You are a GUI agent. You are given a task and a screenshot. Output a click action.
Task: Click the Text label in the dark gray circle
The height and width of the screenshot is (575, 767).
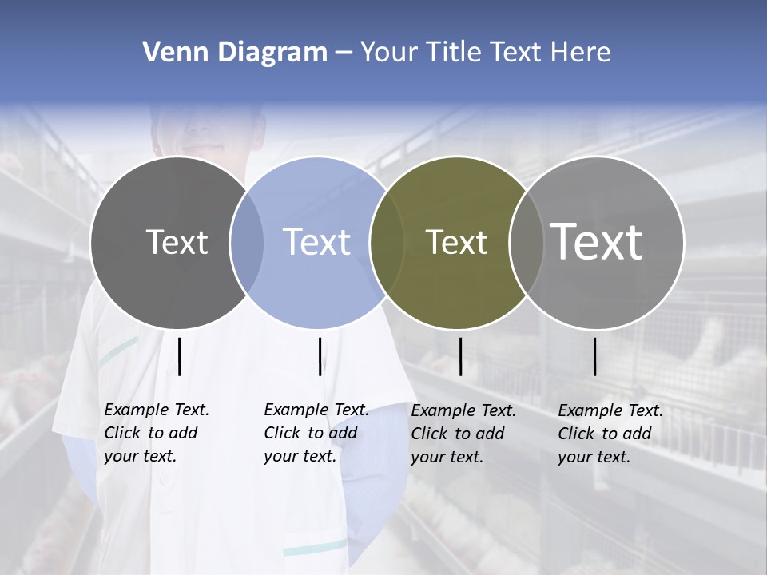[177, 242]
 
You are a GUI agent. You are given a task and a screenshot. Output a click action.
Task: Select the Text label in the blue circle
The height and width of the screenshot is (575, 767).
[317, 242]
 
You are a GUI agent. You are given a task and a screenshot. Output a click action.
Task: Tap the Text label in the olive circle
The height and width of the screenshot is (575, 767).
[456, 242]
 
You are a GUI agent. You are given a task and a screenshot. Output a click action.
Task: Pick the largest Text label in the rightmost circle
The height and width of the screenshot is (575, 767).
[597, 242]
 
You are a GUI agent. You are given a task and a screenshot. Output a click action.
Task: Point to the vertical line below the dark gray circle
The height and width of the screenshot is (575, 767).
[180, 356]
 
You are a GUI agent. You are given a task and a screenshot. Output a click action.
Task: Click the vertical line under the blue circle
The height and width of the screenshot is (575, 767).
[320, 356]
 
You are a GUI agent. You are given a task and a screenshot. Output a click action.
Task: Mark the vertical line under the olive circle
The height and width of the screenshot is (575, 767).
[461, 356]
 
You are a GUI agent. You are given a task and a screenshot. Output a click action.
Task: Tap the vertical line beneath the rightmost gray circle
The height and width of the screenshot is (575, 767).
[595, 356]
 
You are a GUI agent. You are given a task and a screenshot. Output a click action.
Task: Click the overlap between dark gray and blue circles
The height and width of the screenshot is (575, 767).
[247, 242]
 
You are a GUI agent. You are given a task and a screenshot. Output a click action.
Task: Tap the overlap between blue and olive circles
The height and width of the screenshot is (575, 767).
[387, 242]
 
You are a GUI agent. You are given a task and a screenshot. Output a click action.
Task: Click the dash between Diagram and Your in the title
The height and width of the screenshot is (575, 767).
[344, 53]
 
